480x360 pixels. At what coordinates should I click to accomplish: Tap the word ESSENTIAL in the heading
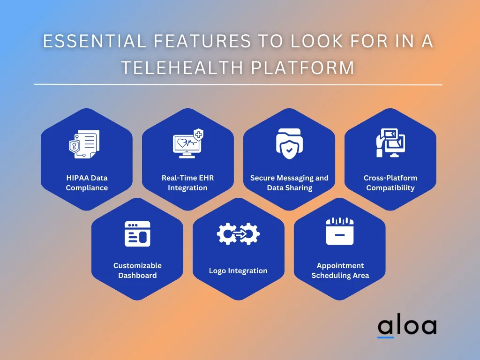point(95,41)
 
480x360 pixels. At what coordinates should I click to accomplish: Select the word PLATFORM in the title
point(303,67)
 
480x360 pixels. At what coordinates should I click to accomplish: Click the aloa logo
point(407,327)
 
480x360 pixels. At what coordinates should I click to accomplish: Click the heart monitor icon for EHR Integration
point(188,143)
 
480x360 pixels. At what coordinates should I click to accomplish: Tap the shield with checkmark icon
point(289,143)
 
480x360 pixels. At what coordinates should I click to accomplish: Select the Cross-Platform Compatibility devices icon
point(390,142)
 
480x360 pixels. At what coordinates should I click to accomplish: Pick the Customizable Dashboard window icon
point(137,234)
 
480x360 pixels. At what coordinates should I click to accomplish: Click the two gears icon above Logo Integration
point(238,234)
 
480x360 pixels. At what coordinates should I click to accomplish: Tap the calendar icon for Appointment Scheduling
point(340,231)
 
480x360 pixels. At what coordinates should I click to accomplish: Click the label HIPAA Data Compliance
point(87,183)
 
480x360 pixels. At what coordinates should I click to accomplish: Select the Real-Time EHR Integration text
point(187,183)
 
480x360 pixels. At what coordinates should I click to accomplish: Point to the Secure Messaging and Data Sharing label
point(289,183)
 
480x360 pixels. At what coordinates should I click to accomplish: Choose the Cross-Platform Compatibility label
point(390,183)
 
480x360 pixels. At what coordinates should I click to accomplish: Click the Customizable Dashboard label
point(137,270)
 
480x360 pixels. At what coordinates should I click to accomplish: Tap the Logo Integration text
point(238,270)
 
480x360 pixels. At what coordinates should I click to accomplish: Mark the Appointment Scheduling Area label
point(340,270)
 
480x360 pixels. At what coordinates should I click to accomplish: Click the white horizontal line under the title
point(238,84)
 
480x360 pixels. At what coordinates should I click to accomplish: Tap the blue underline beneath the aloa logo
point(386,337)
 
